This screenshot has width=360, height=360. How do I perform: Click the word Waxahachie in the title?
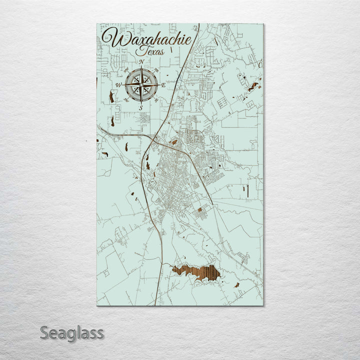click(x=147, y=39)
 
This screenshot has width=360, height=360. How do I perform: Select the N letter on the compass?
click(x=142, y=62)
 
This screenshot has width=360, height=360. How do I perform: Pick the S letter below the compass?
click(x=141, y=108)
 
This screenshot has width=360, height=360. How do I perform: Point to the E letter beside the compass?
click(x=163, y=85)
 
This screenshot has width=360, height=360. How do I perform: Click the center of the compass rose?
click(x=141, y=85)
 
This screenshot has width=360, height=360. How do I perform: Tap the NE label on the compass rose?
click(x=157, y=69)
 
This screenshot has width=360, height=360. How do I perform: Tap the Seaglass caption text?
click(x=72, y=332)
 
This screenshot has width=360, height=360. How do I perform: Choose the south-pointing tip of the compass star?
click(x=141, y=103)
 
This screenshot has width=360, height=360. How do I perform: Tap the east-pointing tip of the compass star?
click(x=159, y=85)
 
